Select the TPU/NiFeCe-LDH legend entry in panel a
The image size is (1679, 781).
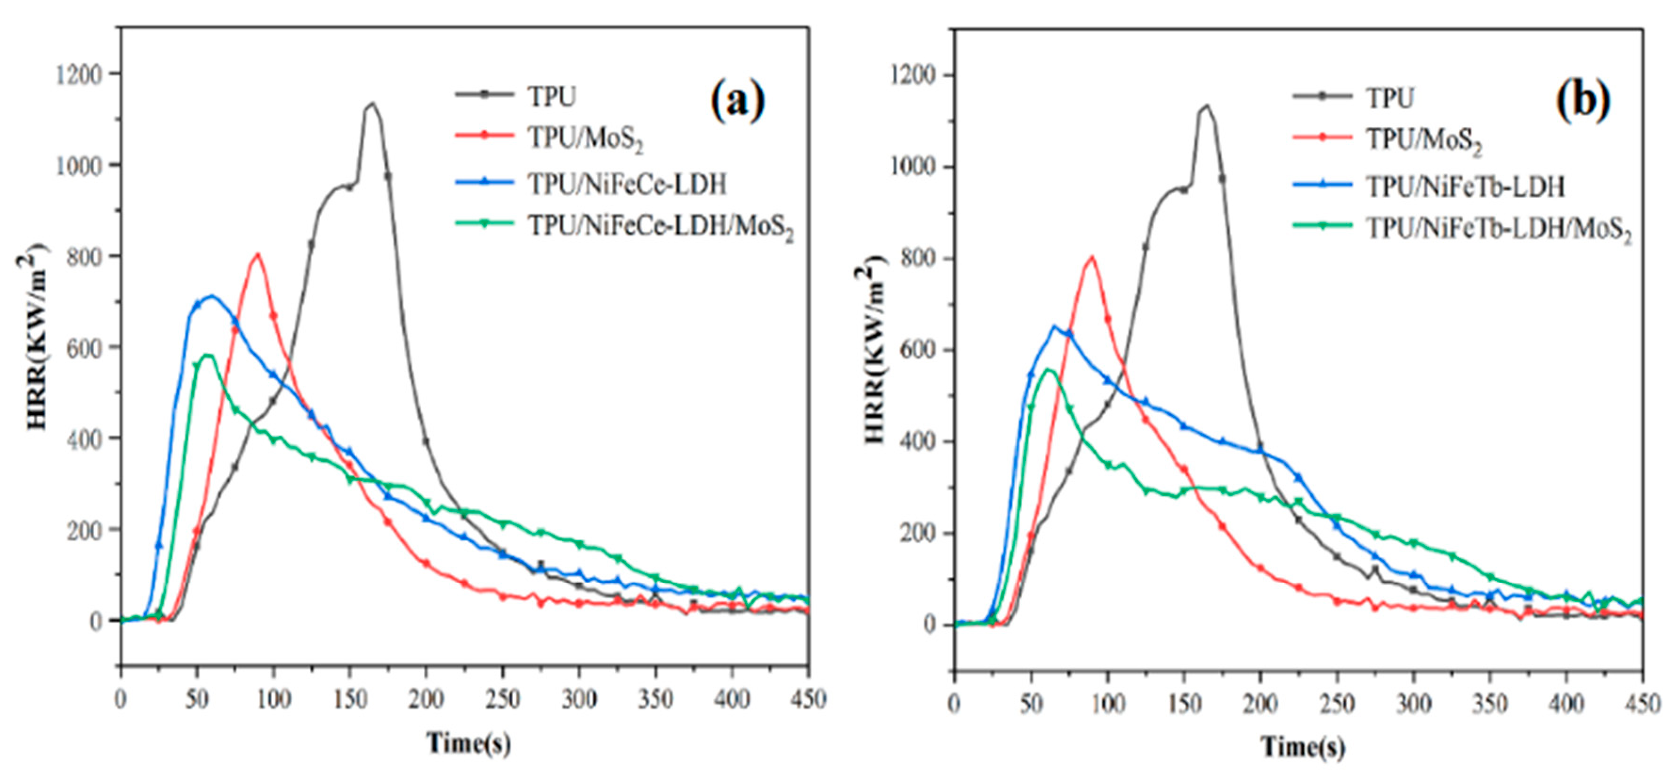[626, 185]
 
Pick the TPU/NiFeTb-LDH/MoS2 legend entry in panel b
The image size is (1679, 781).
[1498, 229]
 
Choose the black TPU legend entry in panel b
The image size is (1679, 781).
[1390, 98]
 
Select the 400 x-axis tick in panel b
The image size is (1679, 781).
[1566, 705]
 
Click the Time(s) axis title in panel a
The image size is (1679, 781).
[468, 742]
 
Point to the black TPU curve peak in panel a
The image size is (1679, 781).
[372, 103]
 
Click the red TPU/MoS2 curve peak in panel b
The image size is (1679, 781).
[1091, 258]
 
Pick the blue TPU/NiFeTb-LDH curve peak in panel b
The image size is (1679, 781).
[1054, 326]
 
